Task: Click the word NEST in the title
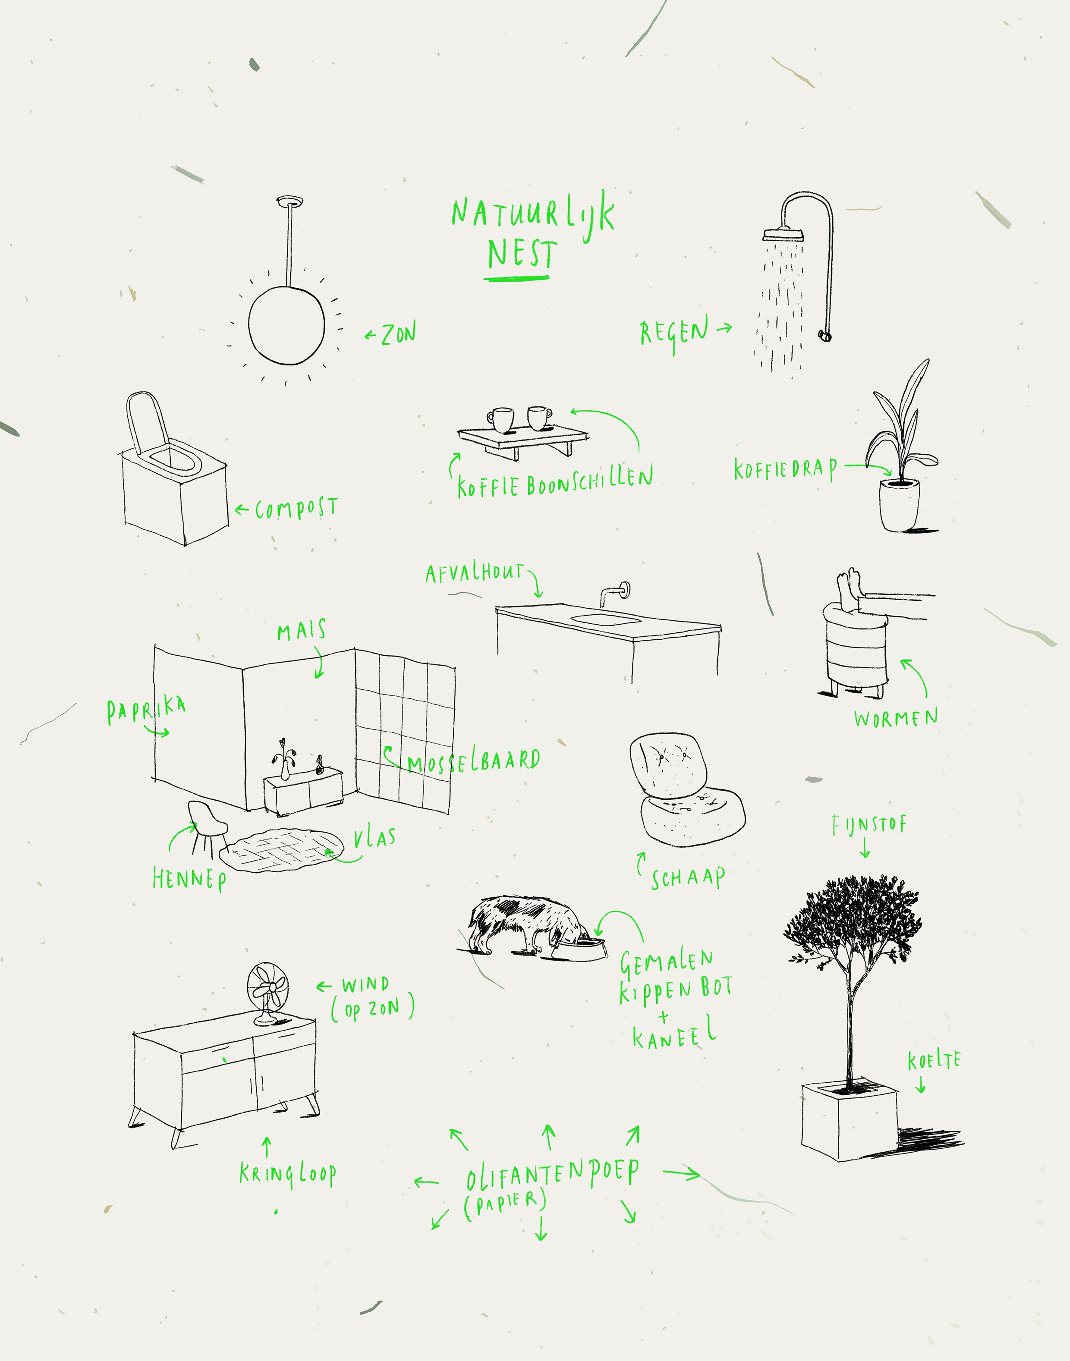[521, 254]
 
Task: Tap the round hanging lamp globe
[287, 324]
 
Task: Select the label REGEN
[674, 333]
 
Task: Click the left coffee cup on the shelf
[500, 420]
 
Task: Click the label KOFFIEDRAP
[786, 468]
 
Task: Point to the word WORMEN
[896, 718]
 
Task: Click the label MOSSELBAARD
[474, 761]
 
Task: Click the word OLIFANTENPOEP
[553, 1172]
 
